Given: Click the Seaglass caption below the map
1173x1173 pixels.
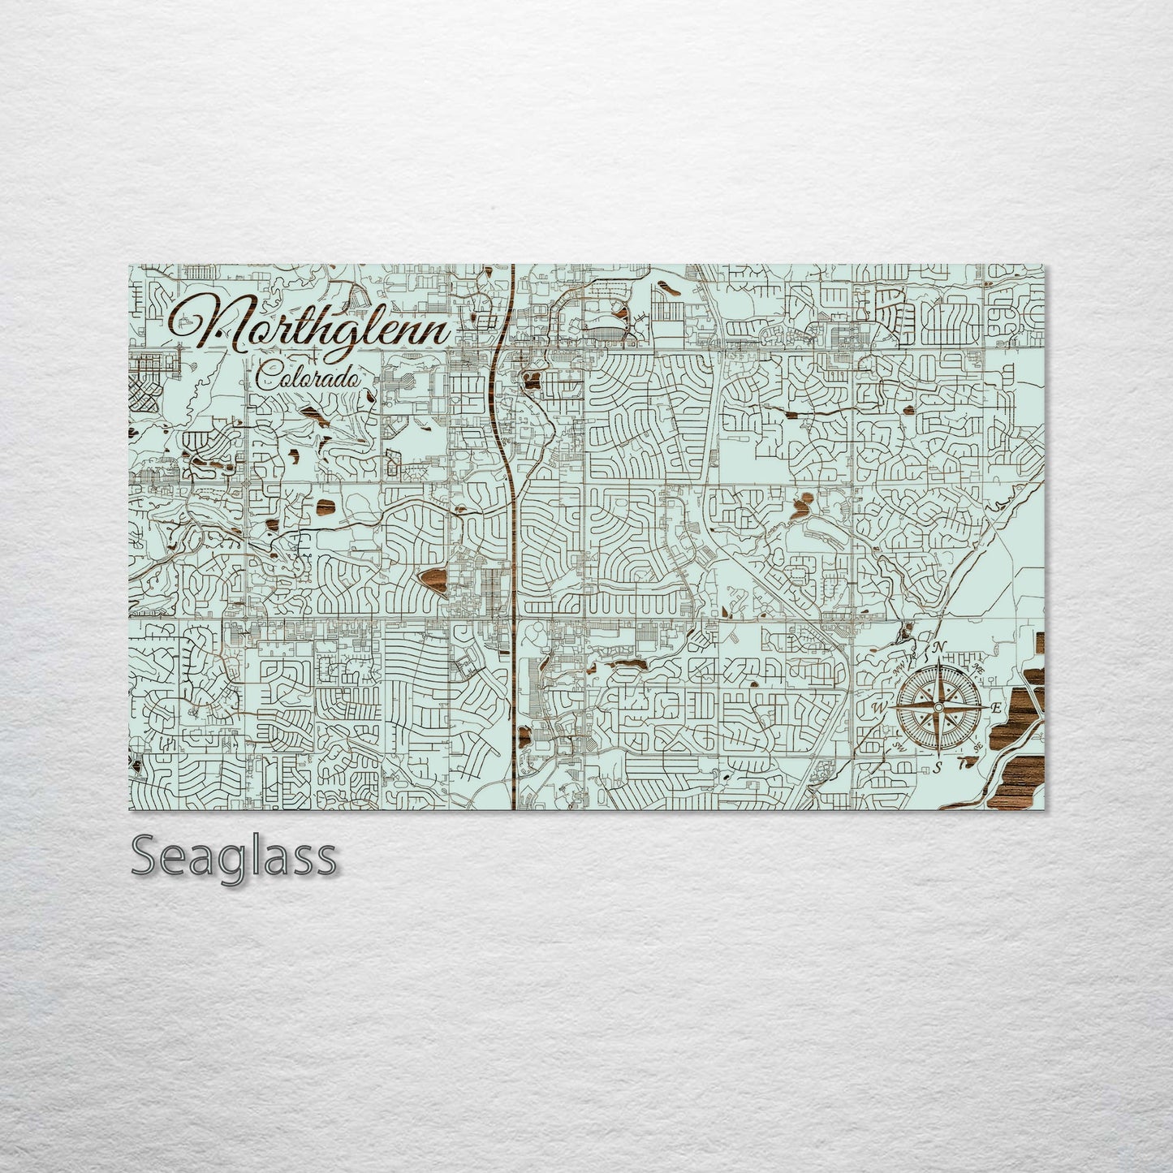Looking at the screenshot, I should click(233, 856).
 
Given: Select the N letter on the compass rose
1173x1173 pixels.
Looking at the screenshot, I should click(939, 647).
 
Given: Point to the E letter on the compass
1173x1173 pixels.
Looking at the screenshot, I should click(997, 708).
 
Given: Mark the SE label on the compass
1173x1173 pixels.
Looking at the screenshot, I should click(978, 746).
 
